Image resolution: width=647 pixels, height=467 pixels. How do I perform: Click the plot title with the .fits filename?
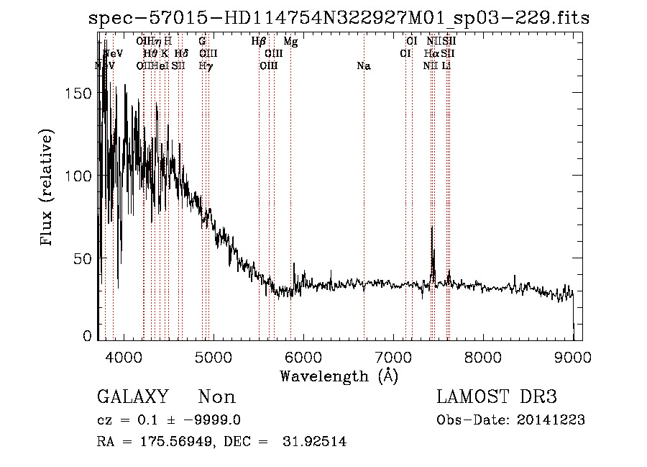(338, 17)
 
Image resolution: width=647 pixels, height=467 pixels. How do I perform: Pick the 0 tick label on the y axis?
(87, 336)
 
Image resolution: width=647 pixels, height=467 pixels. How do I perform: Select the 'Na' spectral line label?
(364, 65)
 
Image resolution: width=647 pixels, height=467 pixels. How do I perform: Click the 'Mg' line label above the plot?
(290, 42)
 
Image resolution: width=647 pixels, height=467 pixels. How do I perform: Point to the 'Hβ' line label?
(259, 42)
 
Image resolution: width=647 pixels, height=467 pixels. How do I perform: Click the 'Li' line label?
(446, 65)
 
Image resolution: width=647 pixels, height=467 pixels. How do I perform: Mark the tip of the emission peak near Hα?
(432, 227)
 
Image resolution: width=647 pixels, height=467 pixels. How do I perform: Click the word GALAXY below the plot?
(133, 397)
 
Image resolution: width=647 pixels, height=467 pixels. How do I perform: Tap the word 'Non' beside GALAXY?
(216, 397)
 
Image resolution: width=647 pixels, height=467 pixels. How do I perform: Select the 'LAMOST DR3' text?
(497, 397)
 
